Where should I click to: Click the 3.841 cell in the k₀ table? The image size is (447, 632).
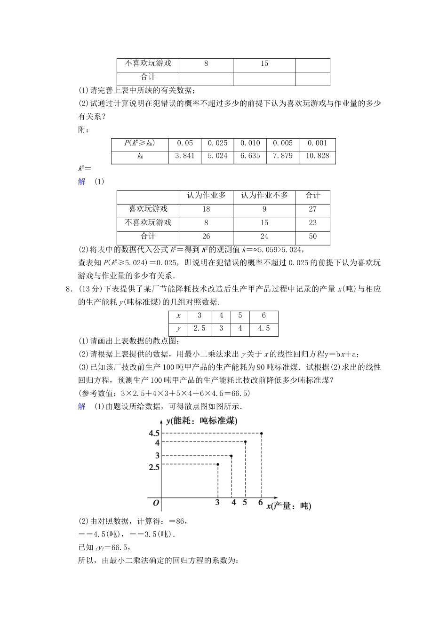184,156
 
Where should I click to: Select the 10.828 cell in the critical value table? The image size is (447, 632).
317,156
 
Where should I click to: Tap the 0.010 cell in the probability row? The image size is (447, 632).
250,143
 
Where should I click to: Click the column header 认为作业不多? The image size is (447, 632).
264,196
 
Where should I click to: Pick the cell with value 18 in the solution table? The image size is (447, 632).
206,209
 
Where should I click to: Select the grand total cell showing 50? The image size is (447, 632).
312,237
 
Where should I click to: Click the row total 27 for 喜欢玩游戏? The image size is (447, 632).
312,209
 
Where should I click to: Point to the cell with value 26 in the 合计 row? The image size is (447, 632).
206,237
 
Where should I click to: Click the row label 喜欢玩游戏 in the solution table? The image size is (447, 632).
148,209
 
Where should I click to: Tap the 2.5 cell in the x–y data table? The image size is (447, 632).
200,329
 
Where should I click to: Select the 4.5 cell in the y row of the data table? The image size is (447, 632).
263,329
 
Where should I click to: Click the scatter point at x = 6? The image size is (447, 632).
261,434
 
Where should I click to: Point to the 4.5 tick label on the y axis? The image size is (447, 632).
154,434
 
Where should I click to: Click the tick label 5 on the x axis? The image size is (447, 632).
245,503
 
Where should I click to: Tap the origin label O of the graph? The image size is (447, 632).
156,503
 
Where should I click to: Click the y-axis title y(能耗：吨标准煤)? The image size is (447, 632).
201,421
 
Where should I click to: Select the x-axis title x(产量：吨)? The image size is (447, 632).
288,506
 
